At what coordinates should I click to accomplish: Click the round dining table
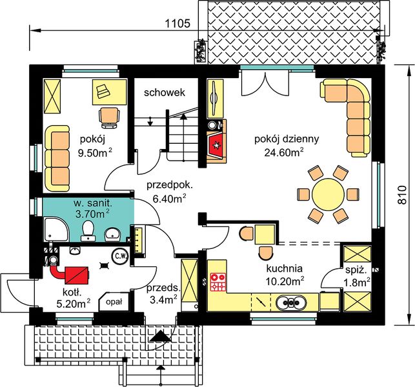pyautogui.click(x=328, y=194)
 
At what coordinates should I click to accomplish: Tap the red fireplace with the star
pyautogui.click(x=217, y=145)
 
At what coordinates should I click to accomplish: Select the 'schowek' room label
pyautogui.click(x=165, y=93)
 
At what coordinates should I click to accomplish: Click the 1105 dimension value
pyautogui.click(x=178, y=24)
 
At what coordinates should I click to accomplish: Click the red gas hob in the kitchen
pyautogui.click(x=218, y=282)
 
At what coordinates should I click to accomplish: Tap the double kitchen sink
pyautogui.click(x=291, y=302)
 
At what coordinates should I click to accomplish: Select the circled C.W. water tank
pyautogui.click(x=121, y=256)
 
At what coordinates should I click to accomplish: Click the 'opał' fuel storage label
pyautogui.click(x=114, y=302)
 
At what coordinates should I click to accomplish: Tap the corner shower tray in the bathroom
pyautogui.click(x=56, y=229)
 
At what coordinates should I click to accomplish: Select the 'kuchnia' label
pyautogui.click(x=284, y=269)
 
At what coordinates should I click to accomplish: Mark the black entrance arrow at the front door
pyautogui.click(x=160, y=337)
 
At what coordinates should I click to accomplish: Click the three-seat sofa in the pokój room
pyautogui.click(x=57, y=158)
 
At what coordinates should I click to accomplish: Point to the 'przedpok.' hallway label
pyautogui.click(x=170, y=186)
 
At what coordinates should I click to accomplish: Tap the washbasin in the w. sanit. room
pyautogui.click(x=112, y=234)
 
